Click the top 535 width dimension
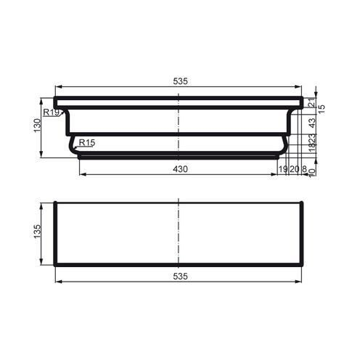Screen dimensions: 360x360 [x=180, y=81]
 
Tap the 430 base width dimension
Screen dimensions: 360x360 [x=180, y=168]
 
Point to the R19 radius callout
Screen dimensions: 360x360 [x=51, y=113]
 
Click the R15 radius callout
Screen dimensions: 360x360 [x=86, y=143]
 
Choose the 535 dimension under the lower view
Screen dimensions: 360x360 [x=180, y=277]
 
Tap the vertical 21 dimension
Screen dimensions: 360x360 [x=311, y=103]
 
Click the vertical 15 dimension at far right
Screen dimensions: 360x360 [x=321, y=108]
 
